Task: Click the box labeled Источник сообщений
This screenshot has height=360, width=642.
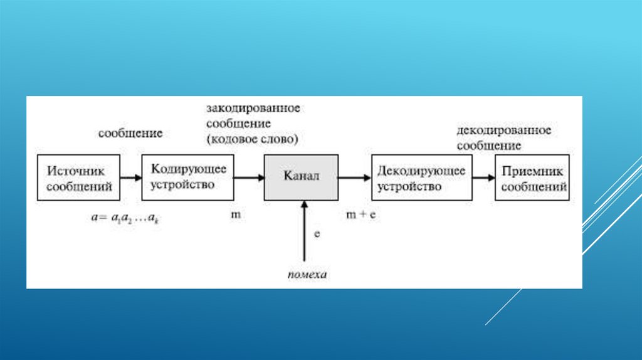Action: click(x=77, y=177)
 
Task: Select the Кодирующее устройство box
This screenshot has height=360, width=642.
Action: click(x=187, y=177)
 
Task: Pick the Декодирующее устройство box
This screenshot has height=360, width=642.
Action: click(x=422, y=177)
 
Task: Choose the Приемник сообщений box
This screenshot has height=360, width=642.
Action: click(x=532, y=177)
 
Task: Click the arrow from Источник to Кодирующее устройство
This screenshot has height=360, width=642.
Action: click(x=130, y=177)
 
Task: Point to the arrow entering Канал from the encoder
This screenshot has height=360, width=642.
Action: click(x=249, y=177)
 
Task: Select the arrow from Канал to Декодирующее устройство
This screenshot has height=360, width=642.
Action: click(x=355, y=177)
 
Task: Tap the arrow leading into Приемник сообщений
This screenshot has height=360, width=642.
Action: click(x=483, y=177)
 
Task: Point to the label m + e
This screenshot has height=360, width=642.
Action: click(x=361, y=214)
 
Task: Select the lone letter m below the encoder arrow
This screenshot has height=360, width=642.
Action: click(x=236, y=214)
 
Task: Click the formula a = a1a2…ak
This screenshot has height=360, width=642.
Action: click(x=124, y=218)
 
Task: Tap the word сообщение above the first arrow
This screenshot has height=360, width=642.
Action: click(x=130, y=133)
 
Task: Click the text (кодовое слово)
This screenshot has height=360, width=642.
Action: click(x=251, y=138)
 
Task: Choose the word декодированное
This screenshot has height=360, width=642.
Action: click(x=503, y=130)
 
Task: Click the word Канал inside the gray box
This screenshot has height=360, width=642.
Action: click(x=302, y=177)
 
